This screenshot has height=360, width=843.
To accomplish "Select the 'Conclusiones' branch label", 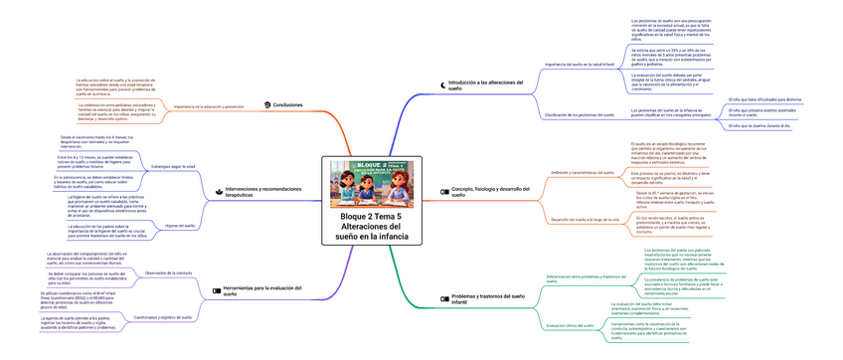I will (x=288, y=104).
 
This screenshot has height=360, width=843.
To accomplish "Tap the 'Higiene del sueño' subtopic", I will (x=178, y=227).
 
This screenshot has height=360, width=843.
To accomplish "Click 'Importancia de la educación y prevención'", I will (x=209, y=104).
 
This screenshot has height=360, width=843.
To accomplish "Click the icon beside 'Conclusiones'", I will (x=266, y=104).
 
